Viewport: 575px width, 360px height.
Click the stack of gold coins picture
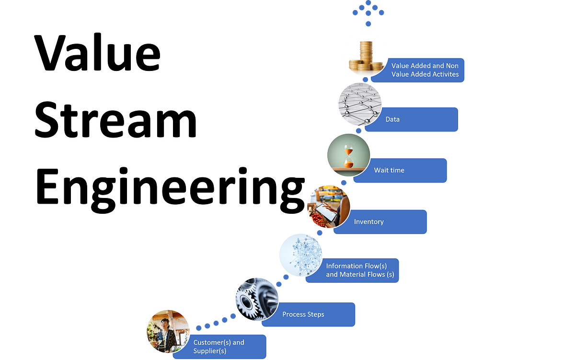[366, 57]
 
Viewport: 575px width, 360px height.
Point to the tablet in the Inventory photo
[326, 211]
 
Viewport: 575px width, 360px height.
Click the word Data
[392, 119]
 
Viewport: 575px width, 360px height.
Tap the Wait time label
[389, 170]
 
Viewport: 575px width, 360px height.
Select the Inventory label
[368, 221]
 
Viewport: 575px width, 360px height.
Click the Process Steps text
[303, 314]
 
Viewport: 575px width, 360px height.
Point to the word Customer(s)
[211, 342]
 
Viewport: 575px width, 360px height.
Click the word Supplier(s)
[209, 351]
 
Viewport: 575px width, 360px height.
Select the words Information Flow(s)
[356, 266]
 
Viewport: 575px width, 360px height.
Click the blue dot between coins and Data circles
[366, 80]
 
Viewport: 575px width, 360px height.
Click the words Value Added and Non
[425, 66]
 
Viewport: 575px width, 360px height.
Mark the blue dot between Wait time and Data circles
[358, 130]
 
